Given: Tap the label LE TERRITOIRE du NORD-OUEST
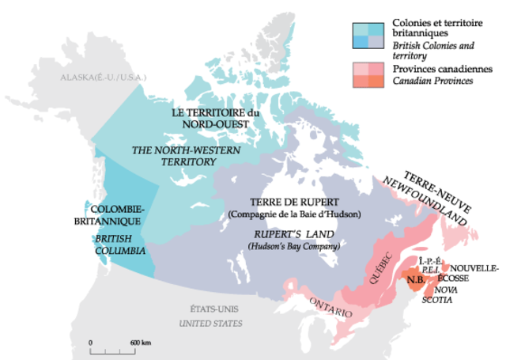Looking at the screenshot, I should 211,119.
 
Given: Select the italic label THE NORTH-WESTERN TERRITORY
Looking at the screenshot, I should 174,154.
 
